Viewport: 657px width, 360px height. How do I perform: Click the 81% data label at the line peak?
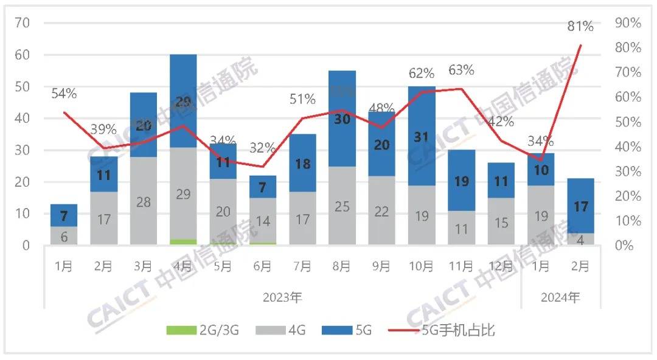pyautogui.click(x=580, y=26)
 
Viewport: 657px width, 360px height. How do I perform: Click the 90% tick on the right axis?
pyautogui.click(x=628, y=23)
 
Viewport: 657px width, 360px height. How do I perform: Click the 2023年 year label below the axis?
pyautogui.click(x=282, y=298)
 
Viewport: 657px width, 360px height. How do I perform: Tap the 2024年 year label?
pyautogui.click(x=560, y=298)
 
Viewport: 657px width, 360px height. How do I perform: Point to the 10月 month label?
pyautogui.click(x=421, y=266)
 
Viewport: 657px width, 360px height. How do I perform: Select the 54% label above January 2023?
pyautogui.click(x=63, y=94)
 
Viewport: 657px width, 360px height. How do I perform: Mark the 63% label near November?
pyautogui.click(x=461, y=70)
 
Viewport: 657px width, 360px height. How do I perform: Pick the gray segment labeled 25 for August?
pyautogui.click(x=342, y=206)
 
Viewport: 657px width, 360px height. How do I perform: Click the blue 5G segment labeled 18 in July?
pyautogui.click(x=302, y=163)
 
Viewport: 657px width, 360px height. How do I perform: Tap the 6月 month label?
pyautogui.click(x=262, y=266)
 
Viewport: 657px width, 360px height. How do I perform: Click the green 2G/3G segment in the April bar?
pyautogui.click(x=183, y=242)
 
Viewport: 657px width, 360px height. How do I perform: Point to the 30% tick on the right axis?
pyautogui.click(x=628, y=171)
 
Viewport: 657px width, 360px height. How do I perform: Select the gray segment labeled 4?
pyautogui.click(x=580, y=239)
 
